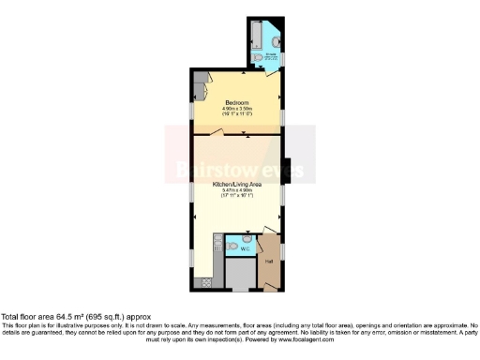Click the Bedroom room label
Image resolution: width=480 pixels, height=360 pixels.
click(237, 101)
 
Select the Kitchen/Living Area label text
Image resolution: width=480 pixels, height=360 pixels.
click(236, 185)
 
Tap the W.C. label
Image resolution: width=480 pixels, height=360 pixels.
click(243, 249)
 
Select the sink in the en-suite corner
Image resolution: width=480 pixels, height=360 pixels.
click(272, 43)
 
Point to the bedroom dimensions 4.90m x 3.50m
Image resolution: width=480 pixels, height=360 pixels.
click(237, 108)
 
